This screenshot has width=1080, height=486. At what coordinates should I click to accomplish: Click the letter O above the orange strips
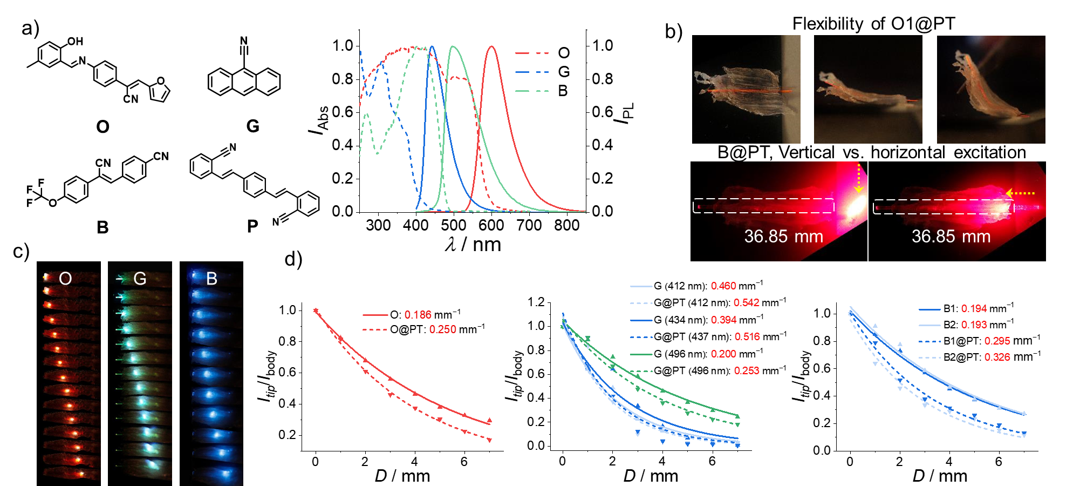point(65,279)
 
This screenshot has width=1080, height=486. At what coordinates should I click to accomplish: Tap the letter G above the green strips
point(140,279)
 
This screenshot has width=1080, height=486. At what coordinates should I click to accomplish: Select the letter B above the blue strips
point(211,279)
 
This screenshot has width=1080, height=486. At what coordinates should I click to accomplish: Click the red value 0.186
point(418,315)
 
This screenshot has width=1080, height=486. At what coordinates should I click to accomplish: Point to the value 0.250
point(443,329)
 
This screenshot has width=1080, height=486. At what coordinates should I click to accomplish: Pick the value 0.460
point(723,286)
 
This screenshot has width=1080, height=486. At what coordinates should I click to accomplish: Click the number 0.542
point(747,303)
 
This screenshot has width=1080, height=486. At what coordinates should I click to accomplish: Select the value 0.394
point(723,320)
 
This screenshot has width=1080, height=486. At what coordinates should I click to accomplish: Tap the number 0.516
point(747,337)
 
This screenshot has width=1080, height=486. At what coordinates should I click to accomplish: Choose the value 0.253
point(747,371)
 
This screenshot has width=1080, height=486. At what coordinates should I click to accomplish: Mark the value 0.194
point(974,308)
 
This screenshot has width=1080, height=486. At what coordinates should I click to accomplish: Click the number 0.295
point(997,341)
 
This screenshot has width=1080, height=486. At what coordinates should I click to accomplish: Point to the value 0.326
point(997,357)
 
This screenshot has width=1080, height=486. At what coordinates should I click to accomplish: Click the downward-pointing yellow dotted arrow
point(858,178)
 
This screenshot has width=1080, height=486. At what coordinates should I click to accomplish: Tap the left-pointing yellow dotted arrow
point(1020,193)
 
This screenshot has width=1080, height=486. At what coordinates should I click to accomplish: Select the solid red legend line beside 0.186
point(375,315)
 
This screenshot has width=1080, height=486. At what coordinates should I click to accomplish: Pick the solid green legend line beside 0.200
point(641,355)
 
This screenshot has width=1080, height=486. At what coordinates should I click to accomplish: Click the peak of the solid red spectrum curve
point(491,47)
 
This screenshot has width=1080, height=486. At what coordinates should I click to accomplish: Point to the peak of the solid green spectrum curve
point(454,47)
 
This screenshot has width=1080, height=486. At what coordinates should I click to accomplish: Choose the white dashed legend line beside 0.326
point(929,357)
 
